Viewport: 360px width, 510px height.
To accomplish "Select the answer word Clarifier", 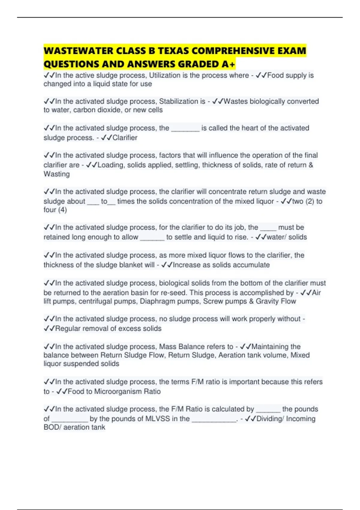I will click(x=125, y=138).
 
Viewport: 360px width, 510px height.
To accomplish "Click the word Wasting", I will click(x=57, y=174).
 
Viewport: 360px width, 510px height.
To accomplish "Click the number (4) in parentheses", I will click(x=62, y=210).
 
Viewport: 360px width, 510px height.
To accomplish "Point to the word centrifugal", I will click(x=97, y=301).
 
